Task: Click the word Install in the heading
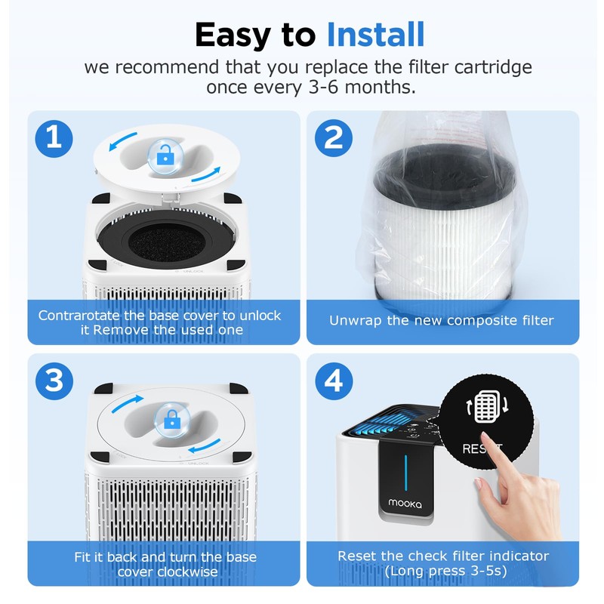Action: click(x=375, y=34)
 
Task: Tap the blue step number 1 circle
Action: click(x=54, y=138)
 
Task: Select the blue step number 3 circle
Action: click(x=54, y=381)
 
